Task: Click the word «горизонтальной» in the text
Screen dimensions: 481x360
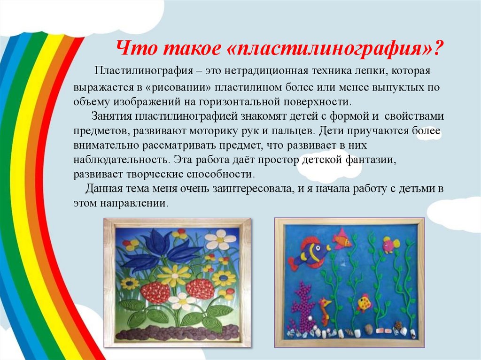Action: click(236, 102)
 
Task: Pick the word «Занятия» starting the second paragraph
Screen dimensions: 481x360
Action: click(112, 116)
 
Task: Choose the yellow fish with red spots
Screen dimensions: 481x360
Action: click(365, 302)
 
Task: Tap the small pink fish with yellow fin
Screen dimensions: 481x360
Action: click(391, 245)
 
